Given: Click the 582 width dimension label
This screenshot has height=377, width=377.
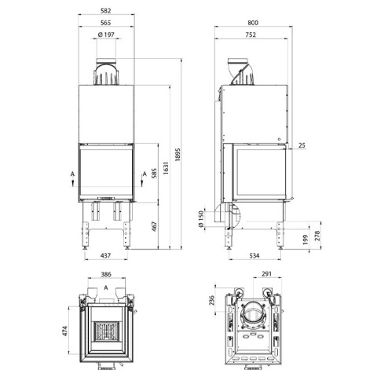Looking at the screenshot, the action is click(x=106, y=11).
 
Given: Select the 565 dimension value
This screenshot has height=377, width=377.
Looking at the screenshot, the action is click(x=106, y=23).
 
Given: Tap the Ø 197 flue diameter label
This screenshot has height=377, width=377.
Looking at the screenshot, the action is click(x=106, y=35).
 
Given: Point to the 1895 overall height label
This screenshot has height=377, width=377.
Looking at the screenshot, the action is click(x=178, y=155).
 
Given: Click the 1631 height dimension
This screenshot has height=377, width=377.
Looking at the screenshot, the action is click(x=166, y=168).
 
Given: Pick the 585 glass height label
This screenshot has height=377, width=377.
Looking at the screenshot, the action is click(x=154, y=174).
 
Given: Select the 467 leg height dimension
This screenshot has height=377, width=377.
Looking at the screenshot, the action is click(x=154, y=226).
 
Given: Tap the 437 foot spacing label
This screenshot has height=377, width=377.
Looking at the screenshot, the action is click(x=106, y=255).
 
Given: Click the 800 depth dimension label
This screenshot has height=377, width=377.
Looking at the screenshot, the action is click(x=253, y=23).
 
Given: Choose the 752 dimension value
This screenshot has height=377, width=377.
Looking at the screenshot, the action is click(x=251, y=35).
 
